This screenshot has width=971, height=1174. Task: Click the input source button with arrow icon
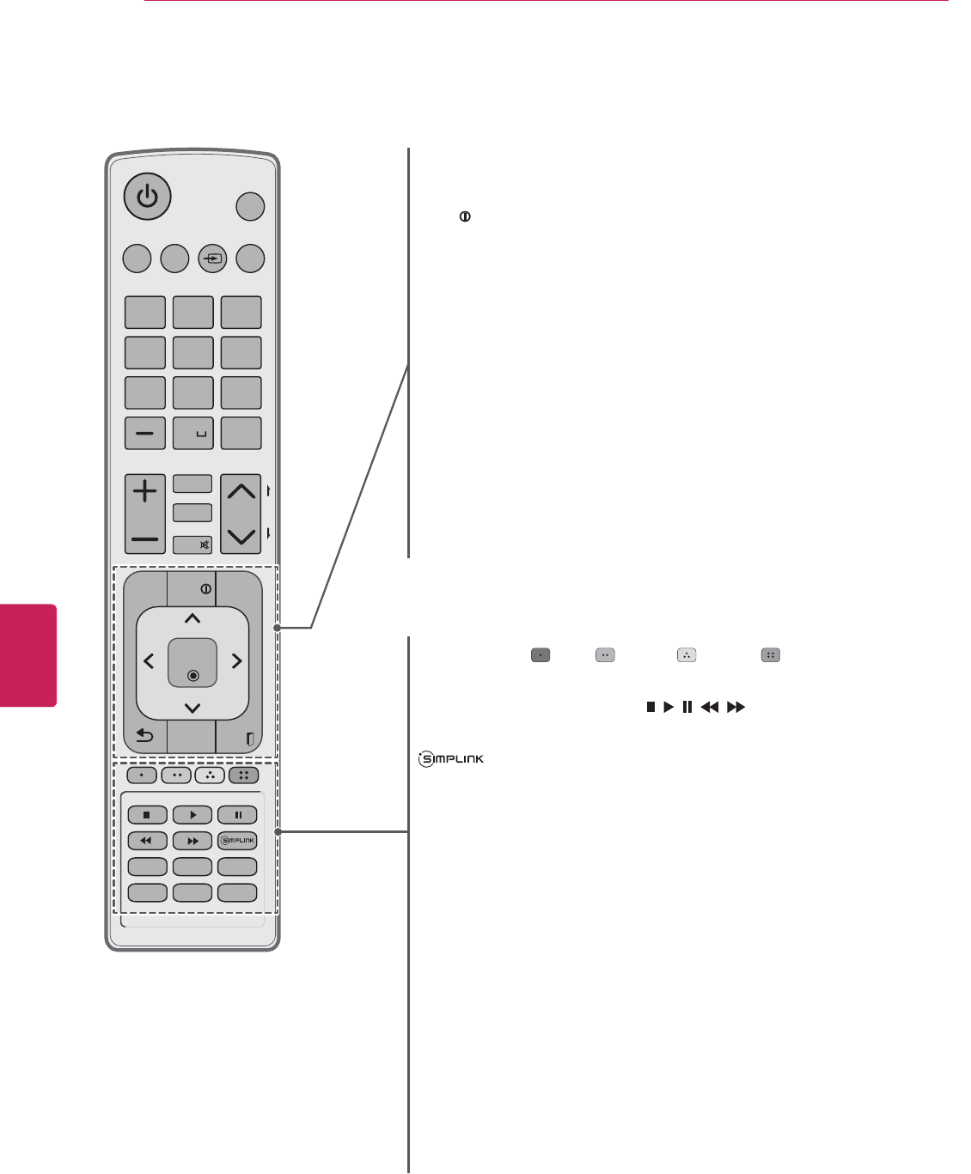(x=212, y=259)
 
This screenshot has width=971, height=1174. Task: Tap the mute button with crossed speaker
(x=192, y=544)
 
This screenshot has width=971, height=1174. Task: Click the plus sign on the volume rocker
(x=145, y=491)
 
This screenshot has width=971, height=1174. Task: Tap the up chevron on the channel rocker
(x=241, y=491)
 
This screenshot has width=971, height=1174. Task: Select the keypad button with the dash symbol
(x=145, y=434)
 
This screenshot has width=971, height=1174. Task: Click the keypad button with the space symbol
(x=193, y=434)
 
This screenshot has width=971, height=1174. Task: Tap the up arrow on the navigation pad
(x=192, y=618)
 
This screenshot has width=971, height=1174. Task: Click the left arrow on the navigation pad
(x=149, y=661)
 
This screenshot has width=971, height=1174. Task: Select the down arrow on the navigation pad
(x=192, y=708)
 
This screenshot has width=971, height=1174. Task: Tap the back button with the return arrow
(x=145, y=736)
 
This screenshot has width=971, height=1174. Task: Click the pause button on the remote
(x=238, y=815)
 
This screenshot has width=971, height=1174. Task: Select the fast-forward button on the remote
(x=192, y=841)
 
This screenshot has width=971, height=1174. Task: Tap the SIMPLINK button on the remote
(x=238, y=841)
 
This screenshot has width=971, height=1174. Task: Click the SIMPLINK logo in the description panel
(x=450, y=759)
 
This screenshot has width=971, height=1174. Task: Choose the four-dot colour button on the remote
(x=243, y=775)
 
